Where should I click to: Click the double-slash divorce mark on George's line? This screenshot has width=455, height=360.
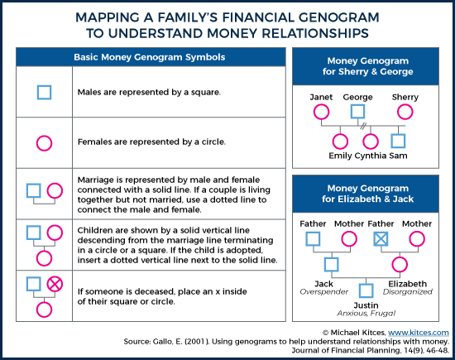click(363, 126)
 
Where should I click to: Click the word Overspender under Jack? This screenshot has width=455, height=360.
click(323, 292)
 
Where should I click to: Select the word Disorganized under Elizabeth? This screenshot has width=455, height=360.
click(407, 292)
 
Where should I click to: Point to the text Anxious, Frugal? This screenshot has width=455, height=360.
click(366, 314)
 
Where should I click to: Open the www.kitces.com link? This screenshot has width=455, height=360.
click(419, 333)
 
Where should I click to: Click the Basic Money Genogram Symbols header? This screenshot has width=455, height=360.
click(150, 57)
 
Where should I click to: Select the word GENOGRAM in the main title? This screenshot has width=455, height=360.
click(338, 17)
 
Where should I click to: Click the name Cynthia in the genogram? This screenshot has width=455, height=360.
click(371, 156)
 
